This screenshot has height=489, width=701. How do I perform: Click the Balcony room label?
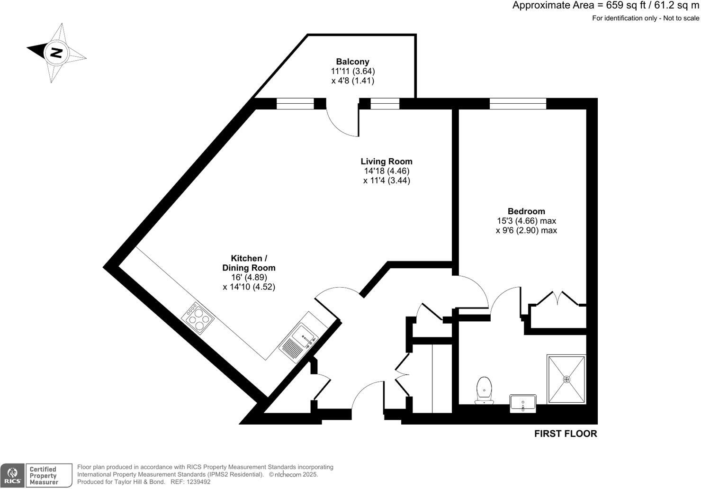coord(352,62)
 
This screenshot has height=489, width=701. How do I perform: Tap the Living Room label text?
coord(386,162)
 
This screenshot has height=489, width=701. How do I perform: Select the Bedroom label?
coord(526,211)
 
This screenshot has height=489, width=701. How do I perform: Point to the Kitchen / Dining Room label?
coord(249,263)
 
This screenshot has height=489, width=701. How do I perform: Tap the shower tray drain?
coord(566,379)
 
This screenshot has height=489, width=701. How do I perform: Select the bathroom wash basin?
coord(523,403)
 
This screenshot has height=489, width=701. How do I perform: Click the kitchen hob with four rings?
coord(198,318)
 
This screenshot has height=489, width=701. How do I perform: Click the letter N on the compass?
coord(56,52)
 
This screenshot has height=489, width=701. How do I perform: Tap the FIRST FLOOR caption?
coord(566,434)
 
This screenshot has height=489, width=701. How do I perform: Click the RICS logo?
coord(12,475)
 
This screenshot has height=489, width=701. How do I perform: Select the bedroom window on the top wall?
coord(518,103)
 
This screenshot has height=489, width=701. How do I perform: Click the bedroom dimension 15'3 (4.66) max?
coord(526,221)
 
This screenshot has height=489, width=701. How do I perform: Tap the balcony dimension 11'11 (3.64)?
coord(352,71)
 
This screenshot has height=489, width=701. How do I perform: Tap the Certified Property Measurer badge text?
coord(43,475)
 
